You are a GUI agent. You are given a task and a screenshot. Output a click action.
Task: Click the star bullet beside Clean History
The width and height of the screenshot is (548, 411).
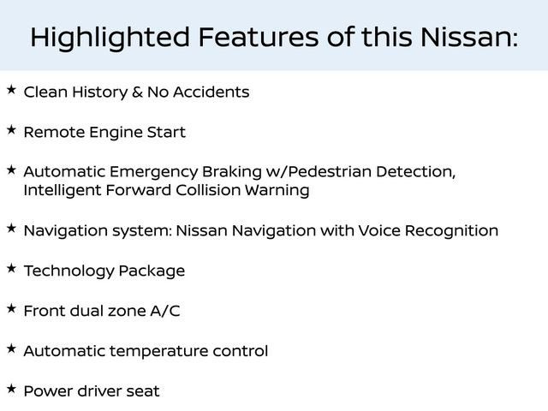point(11,89)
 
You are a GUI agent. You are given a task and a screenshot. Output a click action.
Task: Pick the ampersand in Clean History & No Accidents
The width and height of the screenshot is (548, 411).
point(137,92)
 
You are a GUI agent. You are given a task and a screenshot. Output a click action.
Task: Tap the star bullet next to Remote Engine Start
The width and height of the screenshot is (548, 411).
point(11,130)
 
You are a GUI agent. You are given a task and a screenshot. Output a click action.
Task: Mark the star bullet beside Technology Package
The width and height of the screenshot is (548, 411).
point(11,269)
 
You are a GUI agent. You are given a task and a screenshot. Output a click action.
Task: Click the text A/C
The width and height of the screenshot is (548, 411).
point(165,311)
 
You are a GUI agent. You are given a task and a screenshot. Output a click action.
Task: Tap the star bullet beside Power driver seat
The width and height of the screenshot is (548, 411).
point(11,389)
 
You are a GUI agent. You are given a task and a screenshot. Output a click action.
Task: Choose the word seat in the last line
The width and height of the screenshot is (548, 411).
point(142,391)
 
